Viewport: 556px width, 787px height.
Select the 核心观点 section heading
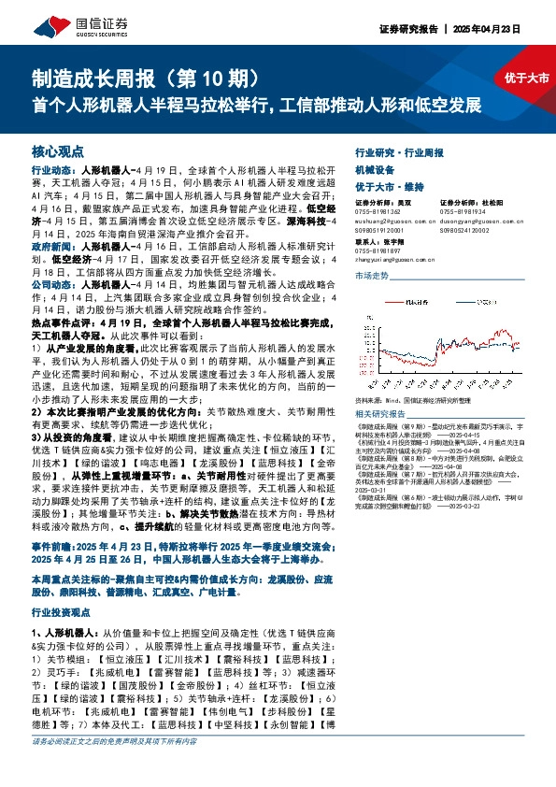point(58,150)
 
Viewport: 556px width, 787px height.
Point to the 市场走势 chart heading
point(371,277)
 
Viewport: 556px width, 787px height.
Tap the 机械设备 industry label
point(374,170)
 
